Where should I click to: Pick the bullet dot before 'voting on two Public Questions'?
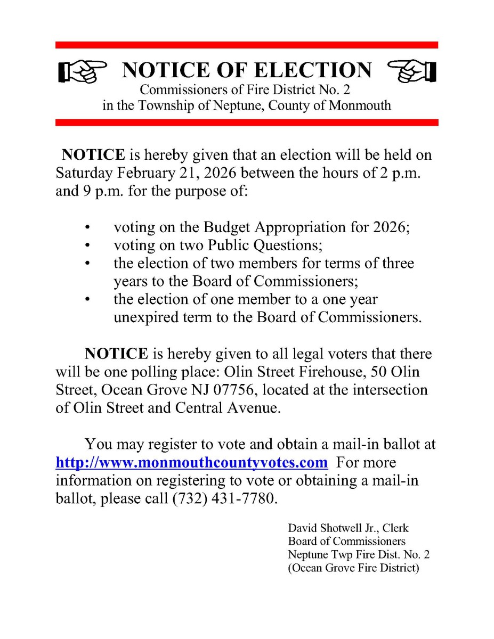point(86,245)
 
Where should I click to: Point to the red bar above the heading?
point(247,45)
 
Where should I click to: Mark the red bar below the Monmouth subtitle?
point(247,122)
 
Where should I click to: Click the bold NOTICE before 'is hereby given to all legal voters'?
point(117,354)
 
